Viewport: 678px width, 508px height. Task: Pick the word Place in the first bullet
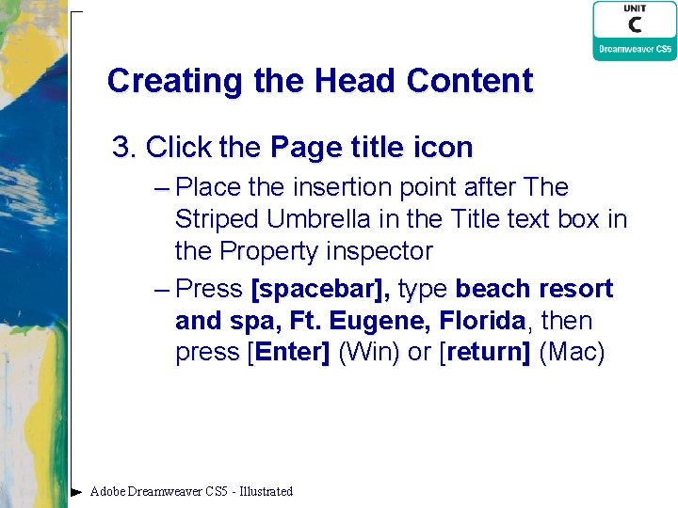tap(210, 187)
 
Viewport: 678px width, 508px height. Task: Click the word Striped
tap(217, 219)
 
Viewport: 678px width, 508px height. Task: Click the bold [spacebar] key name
tap(319, 289)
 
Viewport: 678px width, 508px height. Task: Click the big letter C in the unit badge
tap(634, 25)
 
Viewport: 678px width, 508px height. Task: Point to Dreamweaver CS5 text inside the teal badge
tap(635, 49)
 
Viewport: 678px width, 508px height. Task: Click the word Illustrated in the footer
tap(266, 491)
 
